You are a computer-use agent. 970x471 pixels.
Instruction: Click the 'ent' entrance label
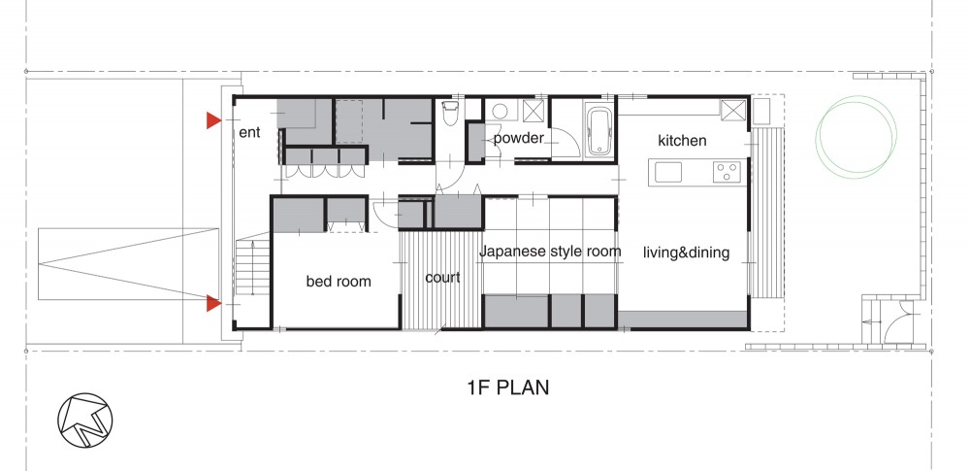(x=250, y=132)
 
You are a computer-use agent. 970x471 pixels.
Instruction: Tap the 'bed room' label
(x=339, y=282)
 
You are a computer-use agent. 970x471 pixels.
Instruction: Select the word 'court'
(x=442, y=277)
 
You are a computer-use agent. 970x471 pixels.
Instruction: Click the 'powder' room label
(x=518, y=138)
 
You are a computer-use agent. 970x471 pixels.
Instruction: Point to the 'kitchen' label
(x=682, y=141)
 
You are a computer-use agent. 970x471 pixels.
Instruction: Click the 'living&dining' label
(x=686, y=252)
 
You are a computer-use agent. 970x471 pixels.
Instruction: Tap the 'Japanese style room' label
(x=550, y=252)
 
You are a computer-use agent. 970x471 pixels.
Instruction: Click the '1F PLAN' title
(x=508, y=387)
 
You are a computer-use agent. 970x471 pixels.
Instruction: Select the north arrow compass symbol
(x=85, y=420)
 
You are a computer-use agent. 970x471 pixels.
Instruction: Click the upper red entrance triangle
(x=213, y=120)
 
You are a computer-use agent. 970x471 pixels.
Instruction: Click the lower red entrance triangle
(x=213, y=303)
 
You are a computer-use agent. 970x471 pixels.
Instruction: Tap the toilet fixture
(x=450, y=114)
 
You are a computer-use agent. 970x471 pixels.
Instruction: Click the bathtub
(x=598, y=130)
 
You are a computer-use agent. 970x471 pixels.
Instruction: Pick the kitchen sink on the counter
(x=668, y=172)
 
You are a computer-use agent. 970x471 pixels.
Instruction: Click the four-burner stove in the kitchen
(x=727, y=172)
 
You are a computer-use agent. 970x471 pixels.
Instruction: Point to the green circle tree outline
(x=856, y=136)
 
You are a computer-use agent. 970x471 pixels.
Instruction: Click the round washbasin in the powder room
(x=500, y=112)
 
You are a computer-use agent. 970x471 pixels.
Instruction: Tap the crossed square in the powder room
(x=533, y=111)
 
